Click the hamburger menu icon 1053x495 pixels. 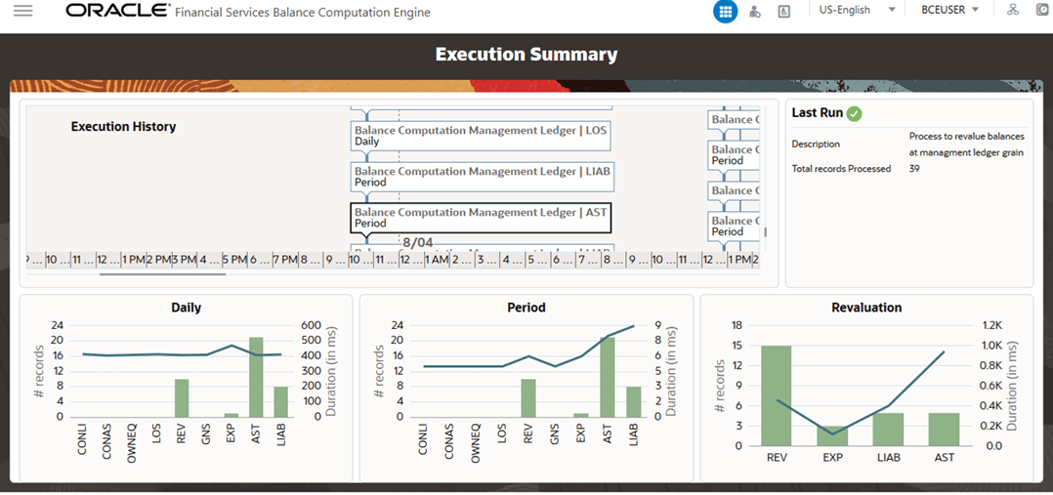point(22,11)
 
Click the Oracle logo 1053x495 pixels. point(115,12)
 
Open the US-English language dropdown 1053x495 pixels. point(857,10)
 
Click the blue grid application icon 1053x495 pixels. point(725,11)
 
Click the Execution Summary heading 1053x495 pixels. point(526,55)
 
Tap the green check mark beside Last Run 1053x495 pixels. point(855,113)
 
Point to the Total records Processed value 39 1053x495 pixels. point(915,169)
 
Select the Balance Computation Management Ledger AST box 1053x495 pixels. point(482,217)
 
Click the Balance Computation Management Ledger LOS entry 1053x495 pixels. point(482,135)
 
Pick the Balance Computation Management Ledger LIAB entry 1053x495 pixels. point(482,176)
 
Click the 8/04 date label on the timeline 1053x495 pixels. point(417,241)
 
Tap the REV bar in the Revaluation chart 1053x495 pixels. point(777,395)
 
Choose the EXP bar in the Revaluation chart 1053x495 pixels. point(832,435)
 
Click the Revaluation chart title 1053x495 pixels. point(866,308)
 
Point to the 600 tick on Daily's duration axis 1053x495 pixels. point(312,326)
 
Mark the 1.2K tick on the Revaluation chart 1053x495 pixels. point(991,326)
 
